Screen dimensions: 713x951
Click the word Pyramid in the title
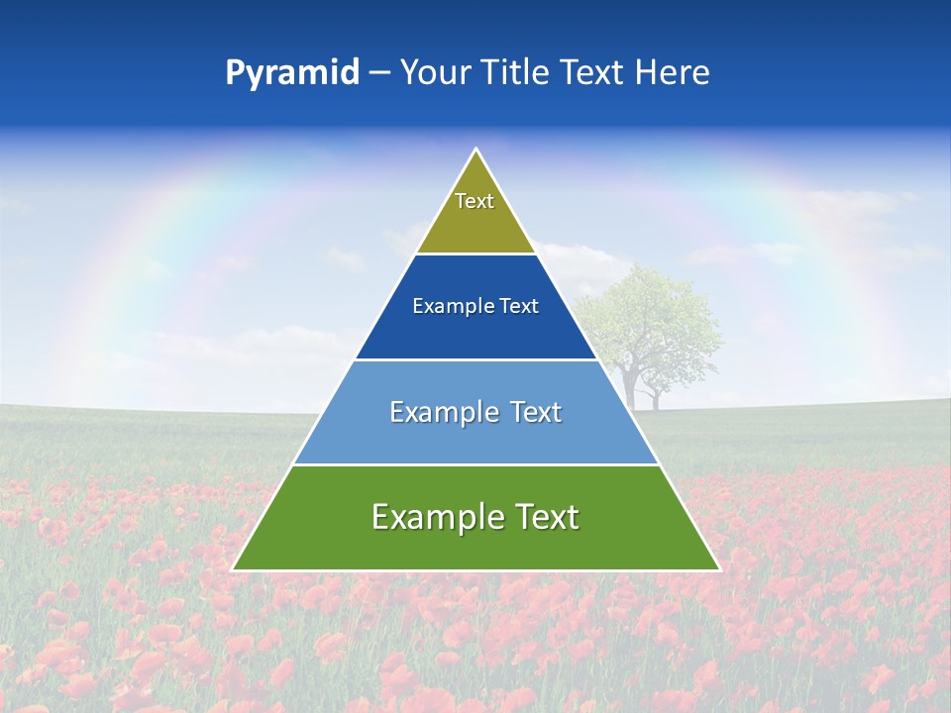click(x=292, y=73)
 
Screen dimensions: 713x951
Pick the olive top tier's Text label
click(x=475, y=201)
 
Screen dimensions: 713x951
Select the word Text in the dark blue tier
click(x=520, y=307)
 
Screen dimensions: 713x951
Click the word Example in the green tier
click(x=437, y=517)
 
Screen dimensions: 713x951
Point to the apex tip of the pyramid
click(x=476, y=151)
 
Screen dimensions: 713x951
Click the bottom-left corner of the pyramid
click(x=234, y=569)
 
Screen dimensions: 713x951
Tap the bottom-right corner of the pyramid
click(x=718, y=569)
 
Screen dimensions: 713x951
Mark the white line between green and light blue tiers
click(x=476, y=464)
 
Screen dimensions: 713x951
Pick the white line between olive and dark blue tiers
click(x=476, y=255)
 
